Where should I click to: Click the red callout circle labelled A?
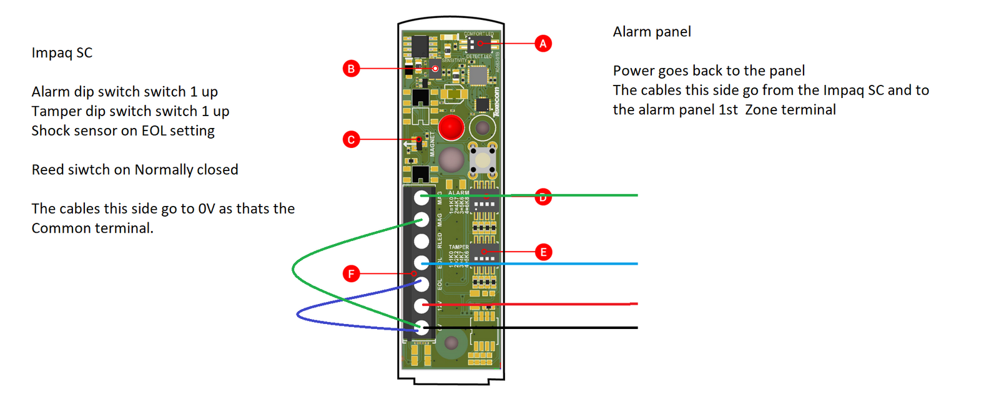coord(543,44)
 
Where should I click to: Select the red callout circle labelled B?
coord(351,69)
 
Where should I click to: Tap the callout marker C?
coord(351,139)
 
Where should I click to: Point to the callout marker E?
coord(543,252)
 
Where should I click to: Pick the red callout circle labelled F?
coord(351,273)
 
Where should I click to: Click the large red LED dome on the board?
coord(451,127)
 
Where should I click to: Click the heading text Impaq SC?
coord(62,53)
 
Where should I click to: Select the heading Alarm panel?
coord(651,32)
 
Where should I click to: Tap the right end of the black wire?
coord(636,328)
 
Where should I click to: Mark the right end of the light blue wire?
coord(636,264)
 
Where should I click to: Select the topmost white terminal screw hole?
coord(422,198)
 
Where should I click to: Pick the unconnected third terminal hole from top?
coord(422,241)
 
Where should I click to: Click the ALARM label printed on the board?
coord(458,193)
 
